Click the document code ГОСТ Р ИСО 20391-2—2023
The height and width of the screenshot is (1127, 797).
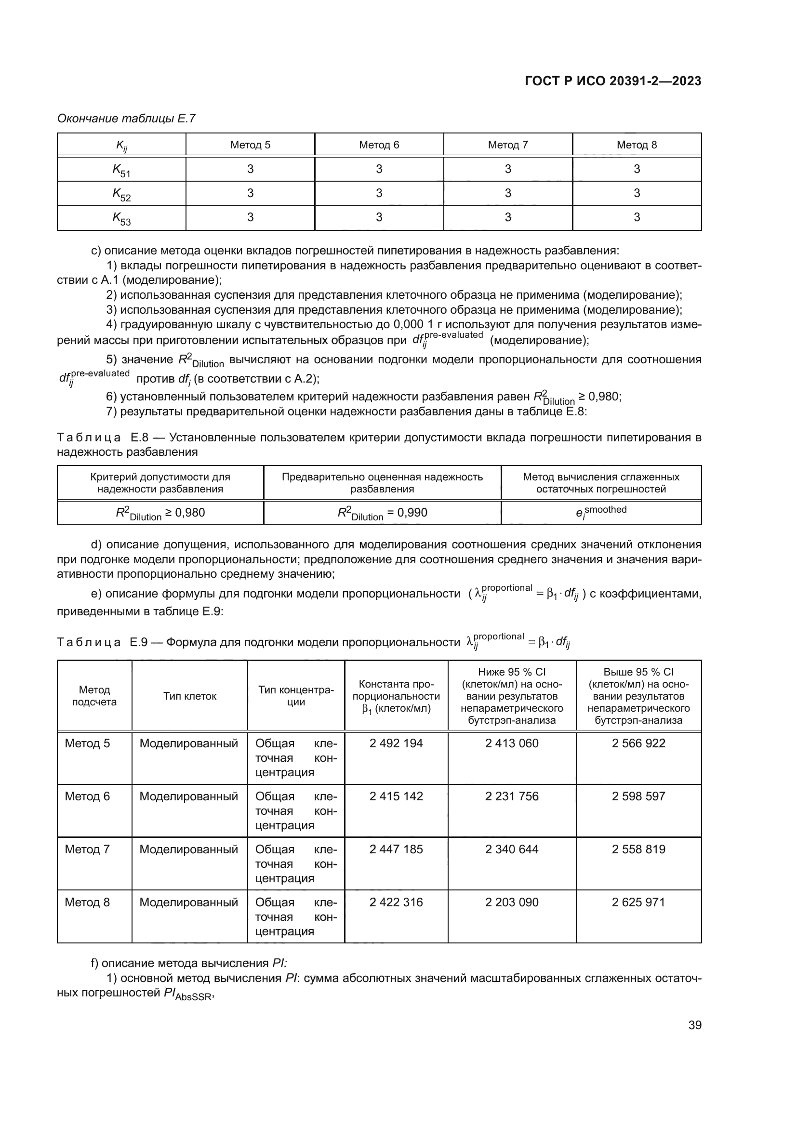[612, 81]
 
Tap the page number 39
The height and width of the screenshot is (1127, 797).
[694, 1025]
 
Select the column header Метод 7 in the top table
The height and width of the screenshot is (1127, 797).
[507, 145]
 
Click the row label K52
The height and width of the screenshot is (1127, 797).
[121, 193]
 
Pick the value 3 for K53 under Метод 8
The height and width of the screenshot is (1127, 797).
[637, 217]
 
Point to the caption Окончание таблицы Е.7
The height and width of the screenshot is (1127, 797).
[126, 119]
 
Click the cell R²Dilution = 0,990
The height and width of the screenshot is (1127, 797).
[382, 513]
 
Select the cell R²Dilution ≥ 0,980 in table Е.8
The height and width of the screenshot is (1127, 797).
[160, 513]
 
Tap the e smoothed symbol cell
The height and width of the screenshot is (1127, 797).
[601, 512]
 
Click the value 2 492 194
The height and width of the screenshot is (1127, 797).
[396, 743]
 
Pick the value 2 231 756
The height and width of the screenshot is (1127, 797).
[511, 796]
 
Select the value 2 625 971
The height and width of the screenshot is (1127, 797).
[638, 902]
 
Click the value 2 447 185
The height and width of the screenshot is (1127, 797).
[396, 849]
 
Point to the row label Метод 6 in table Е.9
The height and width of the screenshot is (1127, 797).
[87, 796]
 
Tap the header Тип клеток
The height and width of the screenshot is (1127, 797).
[189, 696]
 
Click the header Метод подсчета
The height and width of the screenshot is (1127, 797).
[94, 696]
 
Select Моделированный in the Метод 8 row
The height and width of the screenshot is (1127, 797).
[188, 902]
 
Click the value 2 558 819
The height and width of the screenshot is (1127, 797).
[638, 849]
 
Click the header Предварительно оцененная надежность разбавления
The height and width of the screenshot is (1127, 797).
[382, 483]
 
